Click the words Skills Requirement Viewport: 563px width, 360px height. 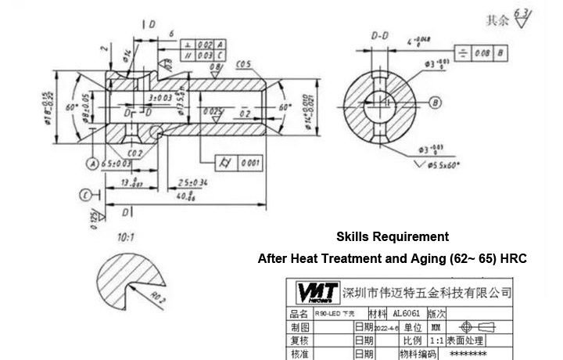393,236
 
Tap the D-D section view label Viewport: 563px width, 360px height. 381,36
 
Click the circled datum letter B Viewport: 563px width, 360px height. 436,102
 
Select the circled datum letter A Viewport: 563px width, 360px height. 91,163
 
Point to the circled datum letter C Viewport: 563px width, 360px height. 84,195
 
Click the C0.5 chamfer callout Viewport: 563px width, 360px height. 243,63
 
